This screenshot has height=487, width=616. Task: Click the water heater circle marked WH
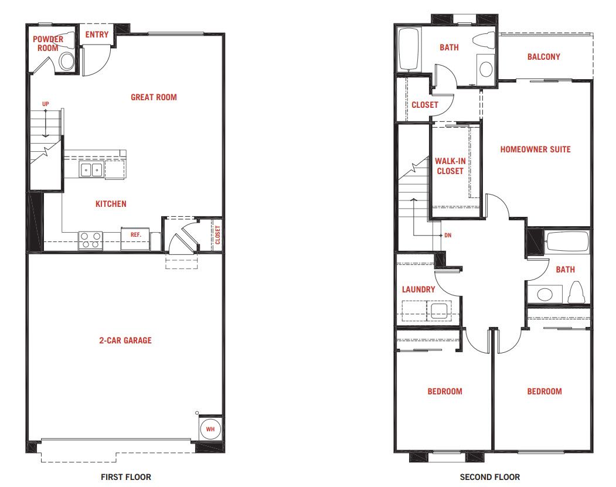(210, 429)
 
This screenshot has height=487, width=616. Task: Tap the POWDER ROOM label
(48, 43)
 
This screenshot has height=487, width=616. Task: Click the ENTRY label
(97, 35)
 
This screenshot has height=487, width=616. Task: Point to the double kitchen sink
(91, 170)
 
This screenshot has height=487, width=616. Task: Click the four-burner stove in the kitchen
(91, 240)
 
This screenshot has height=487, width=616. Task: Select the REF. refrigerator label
(135, 234)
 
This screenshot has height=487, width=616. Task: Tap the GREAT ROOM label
(154, 97)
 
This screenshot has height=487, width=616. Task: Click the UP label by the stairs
(46, 104)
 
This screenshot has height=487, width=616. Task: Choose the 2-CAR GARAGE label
(125, 340)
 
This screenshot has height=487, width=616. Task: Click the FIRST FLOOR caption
(125, 477)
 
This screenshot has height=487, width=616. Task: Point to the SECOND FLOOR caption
(489, 477)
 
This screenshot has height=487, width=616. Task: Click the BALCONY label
(544, 57)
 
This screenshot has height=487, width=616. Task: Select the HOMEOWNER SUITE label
(535, 149)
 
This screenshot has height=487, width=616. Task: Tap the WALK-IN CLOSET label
(450, 166)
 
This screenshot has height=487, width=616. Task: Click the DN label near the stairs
(448, 235)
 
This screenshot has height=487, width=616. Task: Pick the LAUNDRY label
(418, 290)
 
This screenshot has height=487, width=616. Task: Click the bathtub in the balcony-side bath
(409, 49)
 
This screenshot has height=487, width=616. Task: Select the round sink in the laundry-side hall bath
(545, 294)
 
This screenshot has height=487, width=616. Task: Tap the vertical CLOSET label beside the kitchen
(217, 234)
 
